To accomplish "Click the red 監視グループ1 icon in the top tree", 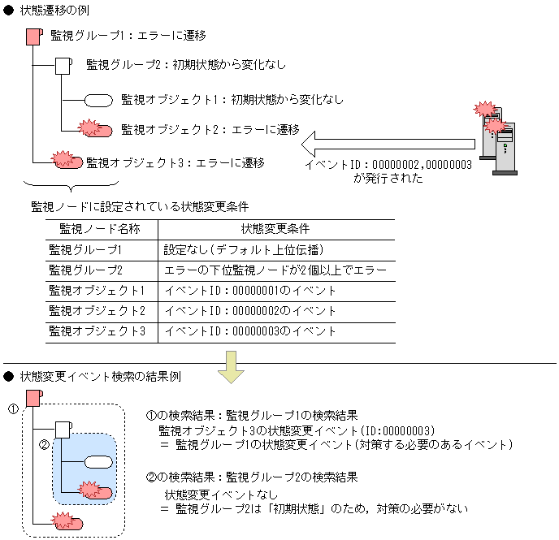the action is point(34,37).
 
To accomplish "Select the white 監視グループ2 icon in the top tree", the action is point(63,66).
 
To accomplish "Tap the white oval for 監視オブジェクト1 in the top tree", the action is point(98,101).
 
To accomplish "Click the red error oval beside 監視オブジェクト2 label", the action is point(96,128).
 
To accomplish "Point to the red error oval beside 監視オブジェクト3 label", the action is point(67,160).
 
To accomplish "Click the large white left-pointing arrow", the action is point(388,145).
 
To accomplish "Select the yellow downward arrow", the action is point(231,367).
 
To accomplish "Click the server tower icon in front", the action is point(505,149).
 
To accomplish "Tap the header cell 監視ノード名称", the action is point(100,229).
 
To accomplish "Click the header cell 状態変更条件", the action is point(275,229).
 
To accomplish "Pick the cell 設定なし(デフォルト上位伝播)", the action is point(244,250).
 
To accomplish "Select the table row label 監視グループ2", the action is point(85,270).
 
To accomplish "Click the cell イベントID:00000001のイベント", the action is point(250,291).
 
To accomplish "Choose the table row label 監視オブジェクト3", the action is point(97,331).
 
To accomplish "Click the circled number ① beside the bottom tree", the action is point(13,409).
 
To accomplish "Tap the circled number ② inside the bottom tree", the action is point(44,444).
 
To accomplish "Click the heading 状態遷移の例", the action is point(54,11).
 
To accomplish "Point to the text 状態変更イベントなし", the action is point(221,495).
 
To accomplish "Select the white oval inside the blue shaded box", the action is point(98,462).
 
